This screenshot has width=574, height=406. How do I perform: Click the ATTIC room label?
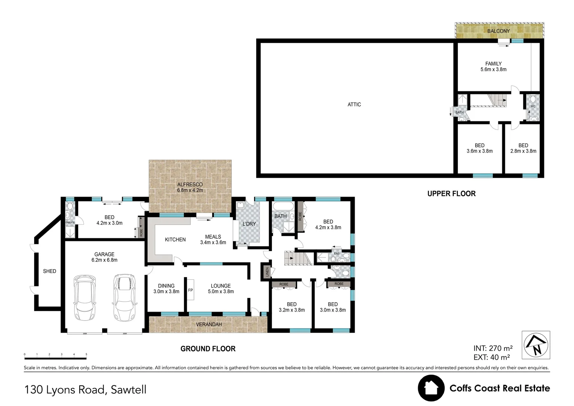[354, 105]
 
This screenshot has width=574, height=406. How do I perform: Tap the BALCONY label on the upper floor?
[498, 31]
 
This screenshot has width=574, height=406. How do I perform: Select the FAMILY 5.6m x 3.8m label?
[493, 67]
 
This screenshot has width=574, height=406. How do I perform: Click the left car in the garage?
[85, 297]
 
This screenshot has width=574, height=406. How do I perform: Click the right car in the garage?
[124, 297]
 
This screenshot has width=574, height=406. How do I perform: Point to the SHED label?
[50, 271]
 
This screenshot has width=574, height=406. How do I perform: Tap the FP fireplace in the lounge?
[190, 290]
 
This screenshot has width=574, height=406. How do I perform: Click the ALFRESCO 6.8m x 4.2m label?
[190, 187]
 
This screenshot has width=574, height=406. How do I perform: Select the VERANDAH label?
[209, 324]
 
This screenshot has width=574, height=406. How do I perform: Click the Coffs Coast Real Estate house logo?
[431, 388]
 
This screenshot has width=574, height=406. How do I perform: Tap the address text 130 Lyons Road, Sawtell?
[85, 389]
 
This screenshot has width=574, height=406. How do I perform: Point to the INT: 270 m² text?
[493, 348]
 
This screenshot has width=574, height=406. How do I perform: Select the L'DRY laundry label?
[249, 224]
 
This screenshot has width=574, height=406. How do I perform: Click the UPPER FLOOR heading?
[451, 194]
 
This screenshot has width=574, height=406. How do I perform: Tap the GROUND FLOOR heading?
[208, 348]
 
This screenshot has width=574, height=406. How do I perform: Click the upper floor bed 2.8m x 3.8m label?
[523, 148]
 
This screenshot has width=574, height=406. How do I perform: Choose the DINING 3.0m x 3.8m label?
[166, 288]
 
